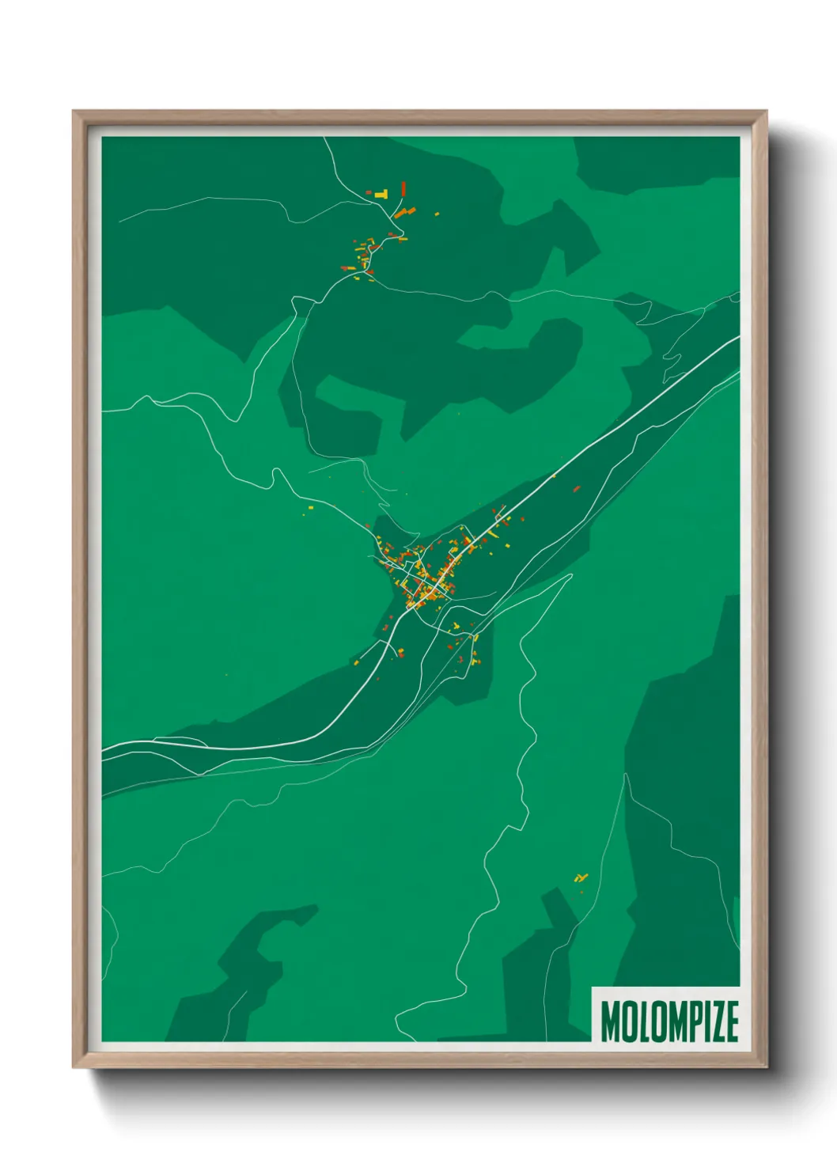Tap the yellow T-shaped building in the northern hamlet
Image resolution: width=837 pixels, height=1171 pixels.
click(x=382, y=193)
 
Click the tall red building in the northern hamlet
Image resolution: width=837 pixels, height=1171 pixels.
click(x=403, y=188)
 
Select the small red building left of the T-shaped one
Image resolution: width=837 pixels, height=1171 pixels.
click(x=368, y=192)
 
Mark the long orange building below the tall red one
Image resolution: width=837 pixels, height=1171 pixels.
click(x=405, y=212)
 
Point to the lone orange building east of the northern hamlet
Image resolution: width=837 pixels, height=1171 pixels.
click(x=436, y=213)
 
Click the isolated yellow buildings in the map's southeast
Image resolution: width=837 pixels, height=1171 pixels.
click(x=582, y=877)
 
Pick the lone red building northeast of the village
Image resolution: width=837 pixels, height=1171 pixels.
click(x=577, y=489)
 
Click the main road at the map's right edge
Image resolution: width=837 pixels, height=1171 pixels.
click(x=736, y=339)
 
